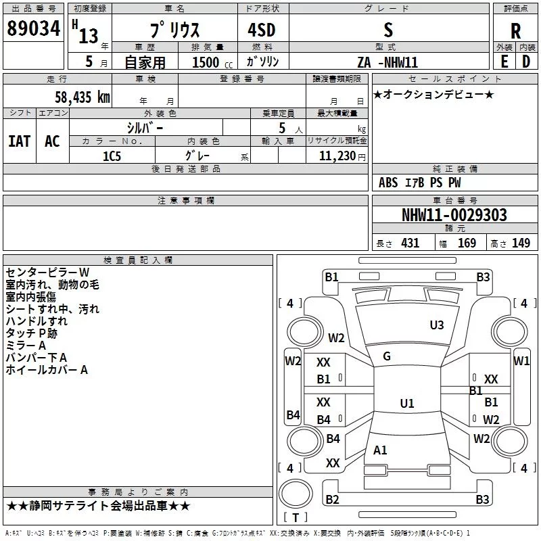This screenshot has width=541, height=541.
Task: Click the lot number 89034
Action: [x=33, y=28]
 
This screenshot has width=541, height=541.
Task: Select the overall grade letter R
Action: [x=515, y=31]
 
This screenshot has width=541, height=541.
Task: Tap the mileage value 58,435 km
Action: [x=83, y=97]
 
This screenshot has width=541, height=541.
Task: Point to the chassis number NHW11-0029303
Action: [x=454, y=215]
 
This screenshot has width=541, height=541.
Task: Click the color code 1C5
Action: [x=112, y=156]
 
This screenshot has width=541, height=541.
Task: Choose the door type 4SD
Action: [x=262, y=30]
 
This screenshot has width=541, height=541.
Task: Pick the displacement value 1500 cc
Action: [x=212, y=62]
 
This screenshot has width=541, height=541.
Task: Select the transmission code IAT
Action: [x=20, y=141]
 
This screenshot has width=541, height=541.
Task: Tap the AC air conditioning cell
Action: [x=52, y=141]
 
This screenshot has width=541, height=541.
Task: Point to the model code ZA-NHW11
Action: [x=387, y=62]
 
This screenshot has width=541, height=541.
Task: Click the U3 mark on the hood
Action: [x=437, y=325]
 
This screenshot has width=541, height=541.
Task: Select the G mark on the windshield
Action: [x=387, y=356]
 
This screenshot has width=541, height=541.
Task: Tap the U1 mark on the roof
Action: [x=407, y=403]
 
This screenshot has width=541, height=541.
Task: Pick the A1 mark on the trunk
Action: [x=380, y=450]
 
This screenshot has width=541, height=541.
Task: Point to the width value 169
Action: [x=467, y=243]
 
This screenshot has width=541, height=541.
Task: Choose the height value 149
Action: [x=521, y=243]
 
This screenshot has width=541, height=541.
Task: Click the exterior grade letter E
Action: [x=504, y=62]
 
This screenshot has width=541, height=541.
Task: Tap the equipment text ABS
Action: [x=388, y=183]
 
